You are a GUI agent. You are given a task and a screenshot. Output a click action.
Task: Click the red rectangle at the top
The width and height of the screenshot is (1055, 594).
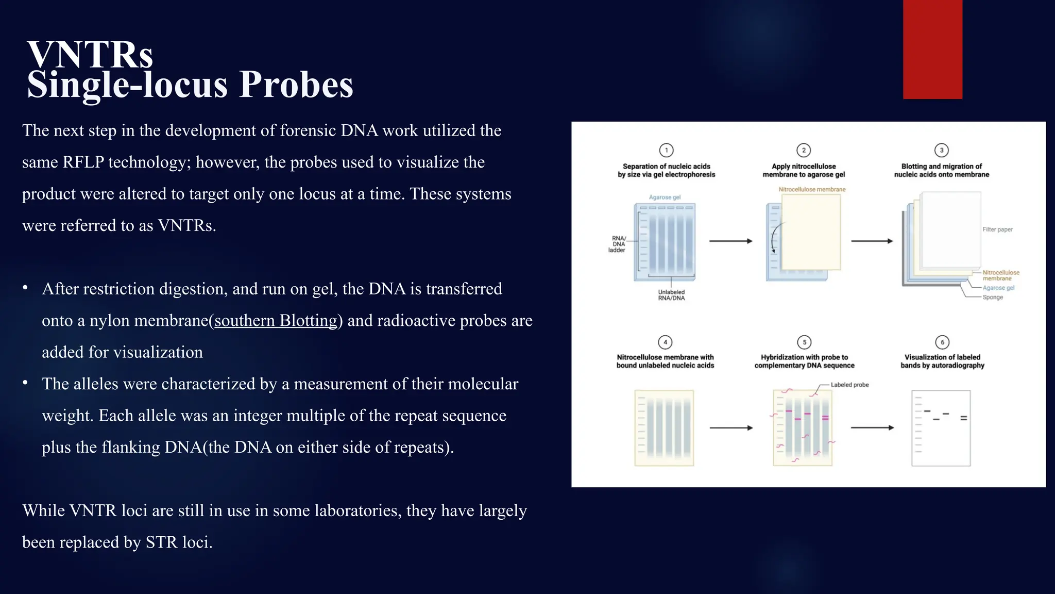coord(932,49)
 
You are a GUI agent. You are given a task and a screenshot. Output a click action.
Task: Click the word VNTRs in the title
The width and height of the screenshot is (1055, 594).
coord(90,55)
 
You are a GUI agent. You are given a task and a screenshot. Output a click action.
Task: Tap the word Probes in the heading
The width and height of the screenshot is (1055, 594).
coord(296,85)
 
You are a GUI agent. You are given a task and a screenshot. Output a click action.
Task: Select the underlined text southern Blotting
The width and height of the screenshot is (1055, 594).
coord(276,321)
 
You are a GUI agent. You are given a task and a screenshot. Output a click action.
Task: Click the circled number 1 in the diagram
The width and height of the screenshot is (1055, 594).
coord(666,150)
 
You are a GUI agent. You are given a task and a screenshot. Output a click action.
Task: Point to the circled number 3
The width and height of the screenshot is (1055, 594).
coord(941,150)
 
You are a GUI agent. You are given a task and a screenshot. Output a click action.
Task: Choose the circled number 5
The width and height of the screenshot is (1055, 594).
coord(804,342)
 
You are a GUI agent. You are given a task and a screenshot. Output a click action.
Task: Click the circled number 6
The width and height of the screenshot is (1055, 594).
coord(942,342)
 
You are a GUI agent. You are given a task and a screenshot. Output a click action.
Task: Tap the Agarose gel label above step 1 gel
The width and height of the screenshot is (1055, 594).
coord(665,197)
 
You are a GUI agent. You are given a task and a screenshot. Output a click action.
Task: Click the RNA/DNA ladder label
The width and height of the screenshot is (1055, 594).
coord(617,244)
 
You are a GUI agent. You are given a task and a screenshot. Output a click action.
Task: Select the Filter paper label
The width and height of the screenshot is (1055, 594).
coord(997,229)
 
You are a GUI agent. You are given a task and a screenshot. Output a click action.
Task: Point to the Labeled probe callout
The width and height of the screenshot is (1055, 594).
coord(849,385)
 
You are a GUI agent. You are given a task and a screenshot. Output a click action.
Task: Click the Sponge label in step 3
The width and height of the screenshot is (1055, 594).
coord(993,298)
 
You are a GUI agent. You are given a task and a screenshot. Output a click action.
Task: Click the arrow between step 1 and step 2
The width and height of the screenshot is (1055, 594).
coord(730,241)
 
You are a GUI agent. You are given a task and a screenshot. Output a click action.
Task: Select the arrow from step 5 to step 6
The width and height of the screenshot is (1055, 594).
coord(872,427)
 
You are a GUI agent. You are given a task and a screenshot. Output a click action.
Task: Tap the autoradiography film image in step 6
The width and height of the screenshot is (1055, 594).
coord(941,428)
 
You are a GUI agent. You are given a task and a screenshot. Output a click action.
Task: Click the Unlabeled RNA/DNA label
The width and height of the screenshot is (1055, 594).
coord(671,295)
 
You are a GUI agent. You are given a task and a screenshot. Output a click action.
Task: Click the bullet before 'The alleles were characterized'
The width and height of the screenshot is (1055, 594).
coord(25,383)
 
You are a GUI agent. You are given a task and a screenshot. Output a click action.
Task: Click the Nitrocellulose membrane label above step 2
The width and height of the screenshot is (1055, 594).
coord(812,189)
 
